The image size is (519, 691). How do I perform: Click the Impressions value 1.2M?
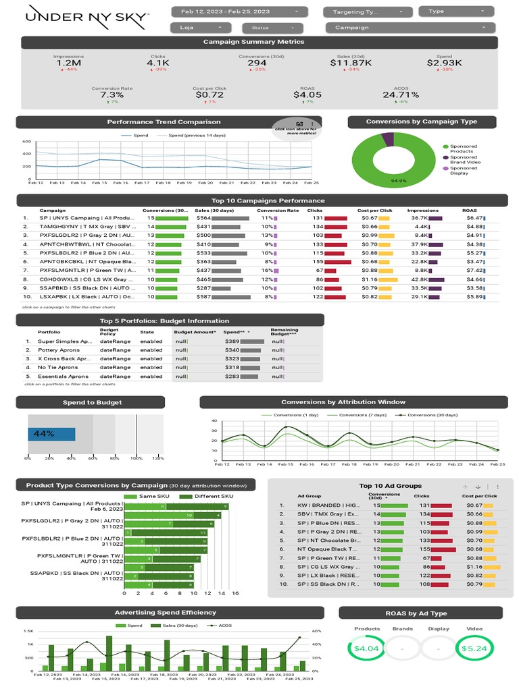[x=68, y=63]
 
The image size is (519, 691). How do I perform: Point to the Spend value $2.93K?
[x=444, y=63]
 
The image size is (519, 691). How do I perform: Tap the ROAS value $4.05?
[x=307, y=95]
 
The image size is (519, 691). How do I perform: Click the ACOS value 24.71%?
[x=400, y=95]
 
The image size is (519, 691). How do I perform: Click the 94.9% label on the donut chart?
[x=399, y=181]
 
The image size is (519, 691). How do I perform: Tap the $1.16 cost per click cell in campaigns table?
[x=368, y=279]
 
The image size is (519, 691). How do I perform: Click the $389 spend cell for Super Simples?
[x=232, y=341]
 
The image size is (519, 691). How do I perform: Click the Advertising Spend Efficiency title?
[x=166, y=612]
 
